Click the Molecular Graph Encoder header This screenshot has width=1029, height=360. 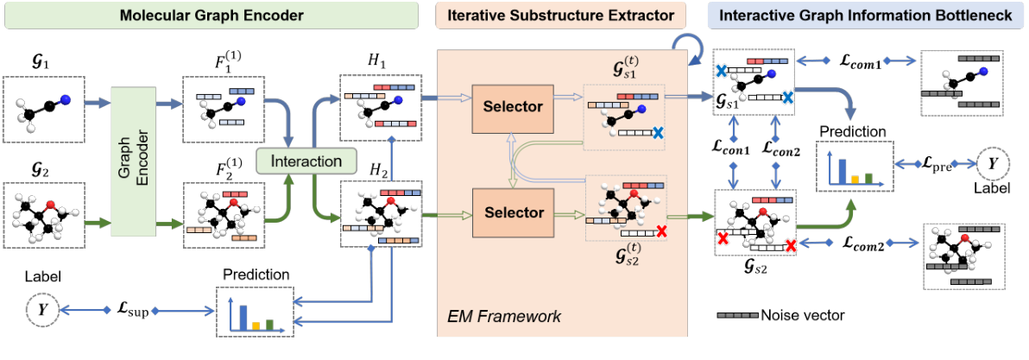[x=211, y=16]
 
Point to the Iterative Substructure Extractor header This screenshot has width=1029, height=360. [x=560, y=16]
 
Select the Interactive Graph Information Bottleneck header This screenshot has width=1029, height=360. [x=867, y=16]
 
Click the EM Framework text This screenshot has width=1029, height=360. [x=503, y=317]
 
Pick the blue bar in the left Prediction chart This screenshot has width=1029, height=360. [x=243, y=317]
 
